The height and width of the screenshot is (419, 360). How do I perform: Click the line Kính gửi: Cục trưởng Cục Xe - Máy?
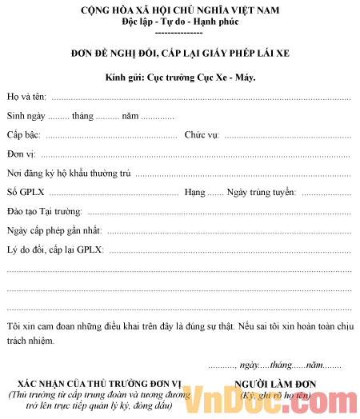pyautogui.click(x=180, y=78)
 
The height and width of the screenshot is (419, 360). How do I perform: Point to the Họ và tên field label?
pyautogui.click(x=26, y=98)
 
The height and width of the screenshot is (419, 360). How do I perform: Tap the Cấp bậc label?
pyautogui.click(x=24, y=135)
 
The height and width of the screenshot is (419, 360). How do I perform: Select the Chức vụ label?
pyautogui.click(x=202, y=135)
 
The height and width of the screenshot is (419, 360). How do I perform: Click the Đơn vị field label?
pyautogui.click(x=22, y=154)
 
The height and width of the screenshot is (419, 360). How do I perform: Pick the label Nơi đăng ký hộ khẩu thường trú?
pyautogui.click(x=69, y=174)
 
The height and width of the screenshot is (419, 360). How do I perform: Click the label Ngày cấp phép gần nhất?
pyautogui.click(x=54, y=231)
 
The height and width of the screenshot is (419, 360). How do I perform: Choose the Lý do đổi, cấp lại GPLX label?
pyautogui.click(x=54, y=250)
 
